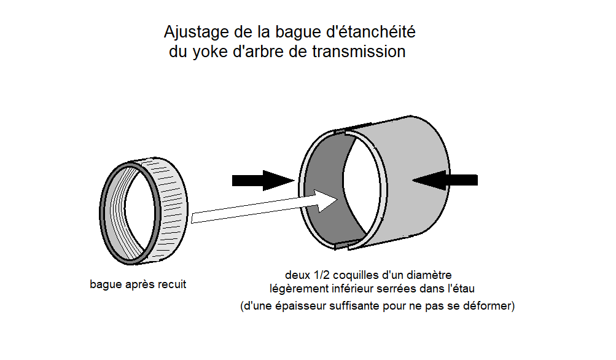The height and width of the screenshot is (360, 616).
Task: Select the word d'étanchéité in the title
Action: (371, 31)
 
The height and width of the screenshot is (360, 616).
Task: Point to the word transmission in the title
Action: (359, 52)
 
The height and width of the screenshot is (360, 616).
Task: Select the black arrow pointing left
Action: (445, 180)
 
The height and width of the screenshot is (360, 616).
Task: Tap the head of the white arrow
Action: (326, 201)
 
